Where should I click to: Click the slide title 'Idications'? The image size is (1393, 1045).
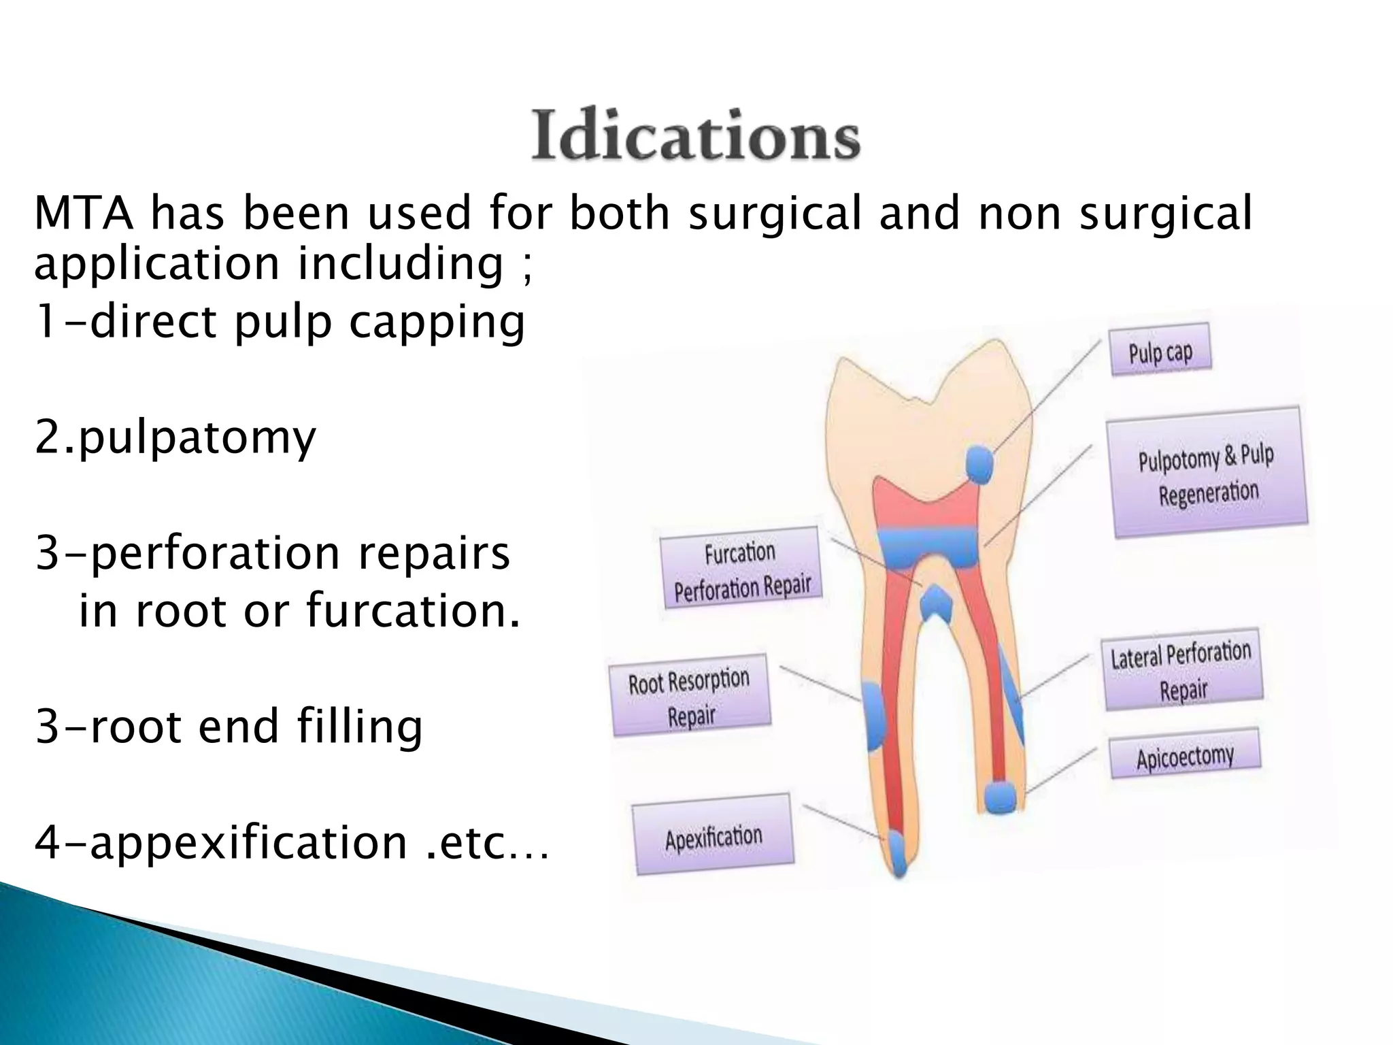point(695,137)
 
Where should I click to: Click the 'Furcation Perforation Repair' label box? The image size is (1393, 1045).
point(741,568)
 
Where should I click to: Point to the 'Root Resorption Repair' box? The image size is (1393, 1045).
point(690,695)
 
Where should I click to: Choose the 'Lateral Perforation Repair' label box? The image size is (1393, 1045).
point(1182,669)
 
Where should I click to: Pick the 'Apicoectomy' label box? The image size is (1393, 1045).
point(1185,754)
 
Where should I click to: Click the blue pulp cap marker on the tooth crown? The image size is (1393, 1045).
point(979,465)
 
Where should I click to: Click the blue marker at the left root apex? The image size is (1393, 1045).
point(899,854)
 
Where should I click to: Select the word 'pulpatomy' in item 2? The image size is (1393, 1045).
point(196,438)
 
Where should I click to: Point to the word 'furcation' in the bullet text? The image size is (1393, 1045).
point(413,610)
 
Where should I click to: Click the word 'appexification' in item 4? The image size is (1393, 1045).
point(248,842)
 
